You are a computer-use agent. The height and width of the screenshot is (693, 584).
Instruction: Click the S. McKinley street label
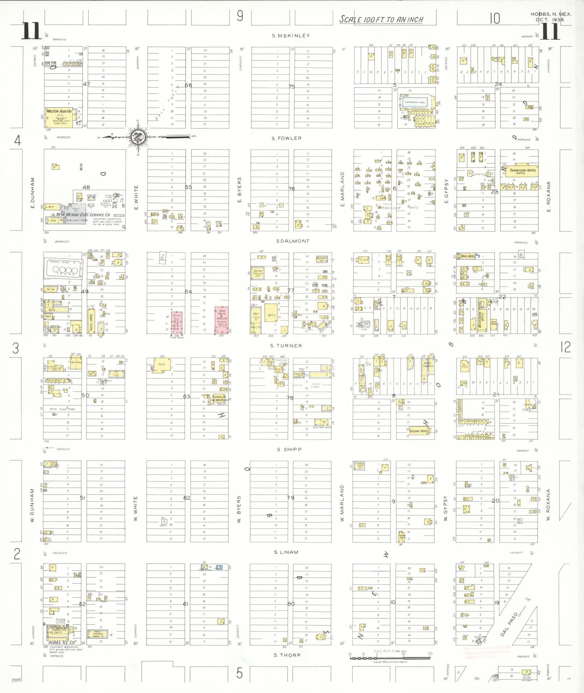tap(291, 36)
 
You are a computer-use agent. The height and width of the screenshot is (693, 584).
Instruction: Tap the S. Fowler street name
tap(287, 138)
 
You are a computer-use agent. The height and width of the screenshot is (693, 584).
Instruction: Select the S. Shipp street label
tap(289, 450)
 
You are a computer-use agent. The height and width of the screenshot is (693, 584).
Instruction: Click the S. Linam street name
tap(286, 552)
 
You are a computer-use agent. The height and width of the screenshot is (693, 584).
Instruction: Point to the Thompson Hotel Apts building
tap(519, 171)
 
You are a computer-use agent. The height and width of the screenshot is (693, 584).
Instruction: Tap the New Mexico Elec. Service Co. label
tap(83, 215)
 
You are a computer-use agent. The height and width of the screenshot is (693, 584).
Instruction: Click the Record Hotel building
tap(419, 431)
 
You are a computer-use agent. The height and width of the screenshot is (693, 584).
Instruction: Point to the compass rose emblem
tap(138, 137)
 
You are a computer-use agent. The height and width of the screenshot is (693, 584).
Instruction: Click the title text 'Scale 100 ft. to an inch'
tap(381, 20)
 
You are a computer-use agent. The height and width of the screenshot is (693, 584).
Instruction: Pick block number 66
tap(188, 85)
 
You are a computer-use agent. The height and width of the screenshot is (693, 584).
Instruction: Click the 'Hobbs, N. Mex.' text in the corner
tap(551, 14)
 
